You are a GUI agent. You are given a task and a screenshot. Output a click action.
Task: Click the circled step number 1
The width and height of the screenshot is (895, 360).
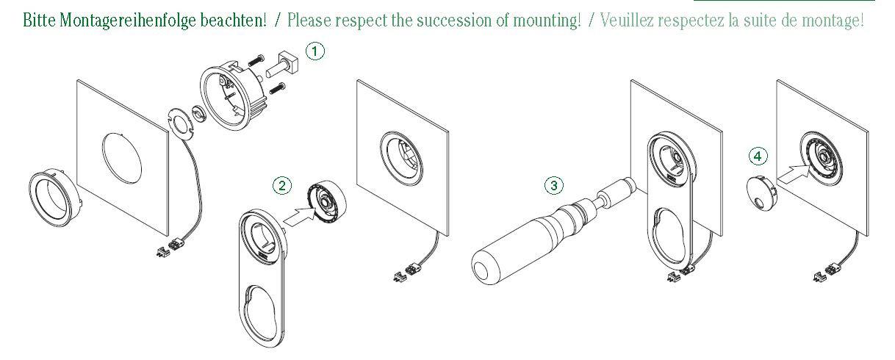click(314, 51)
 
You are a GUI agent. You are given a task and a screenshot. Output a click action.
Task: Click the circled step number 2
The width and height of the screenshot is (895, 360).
click(281, 185)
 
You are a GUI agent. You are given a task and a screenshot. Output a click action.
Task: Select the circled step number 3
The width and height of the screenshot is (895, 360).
click(553, 185)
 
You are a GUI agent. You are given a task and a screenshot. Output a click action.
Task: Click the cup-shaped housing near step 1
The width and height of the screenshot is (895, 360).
click(230, 96)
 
